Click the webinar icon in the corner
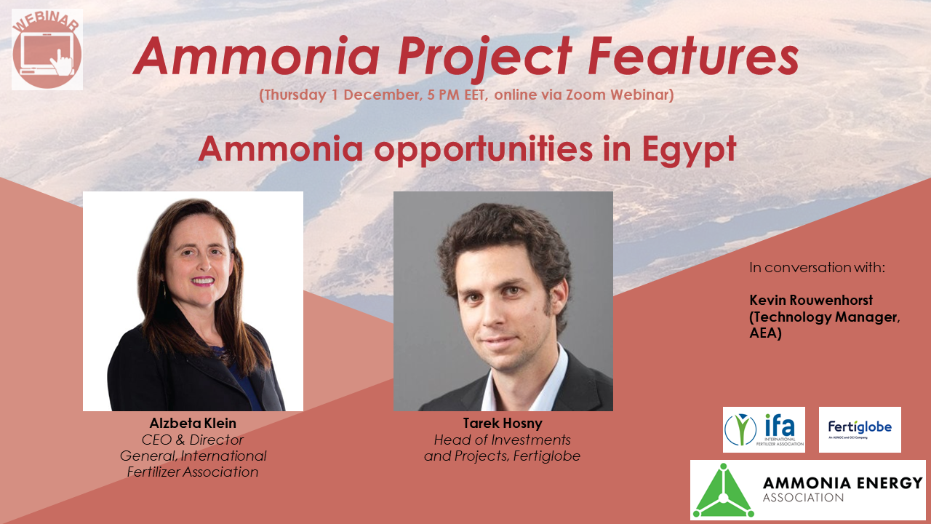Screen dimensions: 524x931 point(47,50)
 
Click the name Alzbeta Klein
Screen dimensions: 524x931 point(193,424)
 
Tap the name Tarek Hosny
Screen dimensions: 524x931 point(503,424)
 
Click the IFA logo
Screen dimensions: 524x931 point(764,429)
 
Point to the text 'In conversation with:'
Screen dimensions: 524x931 point(817,267)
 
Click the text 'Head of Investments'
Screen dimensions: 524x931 point(503,440)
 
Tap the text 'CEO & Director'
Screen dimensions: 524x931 point(193,440)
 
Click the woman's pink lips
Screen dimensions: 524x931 point(203,280)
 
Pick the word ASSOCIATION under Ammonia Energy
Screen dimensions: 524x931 point(803,499)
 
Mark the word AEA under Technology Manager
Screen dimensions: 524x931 point(765,333)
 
